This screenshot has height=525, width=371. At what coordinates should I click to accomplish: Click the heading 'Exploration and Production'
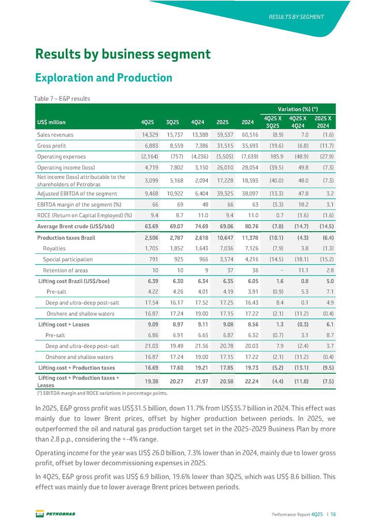coord(104,78)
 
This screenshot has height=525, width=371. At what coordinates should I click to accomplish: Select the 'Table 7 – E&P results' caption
coord(62,99)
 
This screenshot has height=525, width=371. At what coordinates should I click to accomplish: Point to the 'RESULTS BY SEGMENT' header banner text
coord(296,17)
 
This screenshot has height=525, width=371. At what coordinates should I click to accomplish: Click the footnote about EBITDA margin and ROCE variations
coord(102,393)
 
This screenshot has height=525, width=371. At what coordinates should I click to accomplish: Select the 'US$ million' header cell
coord(51,122)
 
